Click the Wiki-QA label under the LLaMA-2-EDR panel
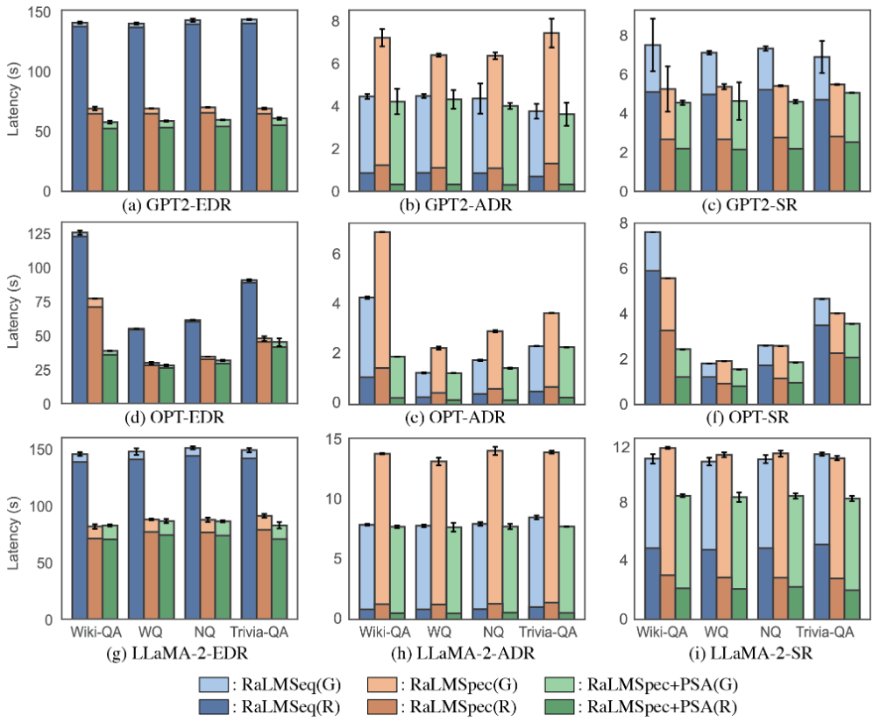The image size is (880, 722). click(94, 632)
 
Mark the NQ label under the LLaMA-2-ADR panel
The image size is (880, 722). click(493, 632)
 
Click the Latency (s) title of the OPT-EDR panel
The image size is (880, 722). click(13, 313)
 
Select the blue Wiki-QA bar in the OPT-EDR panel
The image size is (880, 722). click(80, 319)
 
